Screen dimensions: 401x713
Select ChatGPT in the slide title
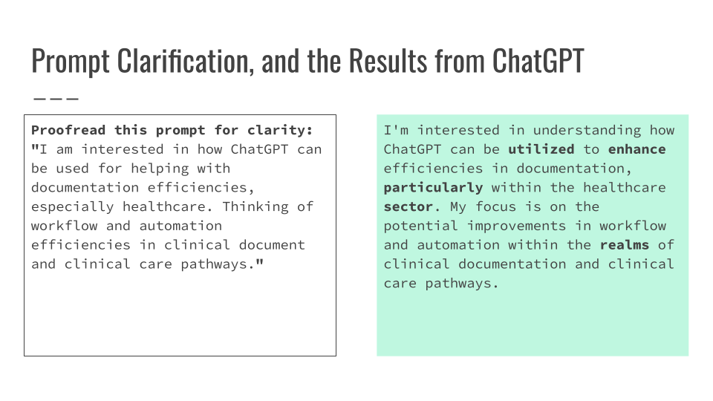(x=538, y=61)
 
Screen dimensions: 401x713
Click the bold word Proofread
(x=69, y=130)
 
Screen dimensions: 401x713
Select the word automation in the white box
(x=180, y=226)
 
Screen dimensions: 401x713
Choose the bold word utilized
(x=541, y=149)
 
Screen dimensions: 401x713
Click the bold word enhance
(x=637, y=149)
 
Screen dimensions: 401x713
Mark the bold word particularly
(x=434, y=188)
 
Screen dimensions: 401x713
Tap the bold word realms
(x=625, y=245)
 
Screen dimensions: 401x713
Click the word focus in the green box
(x=496, y=206)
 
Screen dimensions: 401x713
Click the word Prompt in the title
(x=71, y=61)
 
